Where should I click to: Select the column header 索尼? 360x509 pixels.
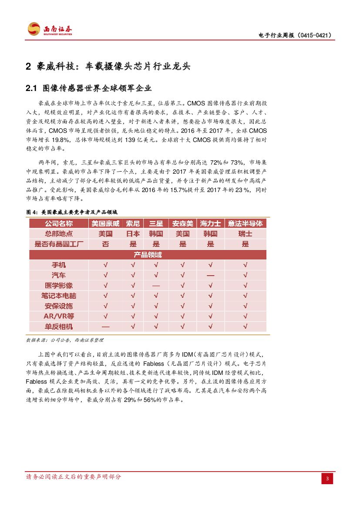tap(133, 223)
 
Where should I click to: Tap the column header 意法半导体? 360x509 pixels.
tap(246, 223)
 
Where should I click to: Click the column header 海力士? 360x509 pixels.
tap(210, 223)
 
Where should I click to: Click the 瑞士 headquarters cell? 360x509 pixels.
tap(246, 234)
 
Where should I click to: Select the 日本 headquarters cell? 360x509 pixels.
tap(133, 234)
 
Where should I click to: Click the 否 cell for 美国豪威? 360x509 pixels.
tap(105, 244)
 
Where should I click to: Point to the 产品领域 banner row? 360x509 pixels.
tap(148, 255)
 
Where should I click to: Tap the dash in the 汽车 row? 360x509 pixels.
tap(210, 276)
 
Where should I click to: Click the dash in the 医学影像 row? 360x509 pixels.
tap(156, 286)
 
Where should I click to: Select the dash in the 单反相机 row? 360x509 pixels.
tap(105, 326)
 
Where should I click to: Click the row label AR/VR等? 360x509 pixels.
tap(59, 316)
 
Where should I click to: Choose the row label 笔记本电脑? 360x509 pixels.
tap(59, 296)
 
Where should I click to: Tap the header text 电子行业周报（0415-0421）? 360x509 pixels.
tap(295, 35)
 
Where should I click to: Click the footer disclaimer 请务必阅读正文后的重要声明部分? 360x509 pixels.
tap(74, 477)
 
